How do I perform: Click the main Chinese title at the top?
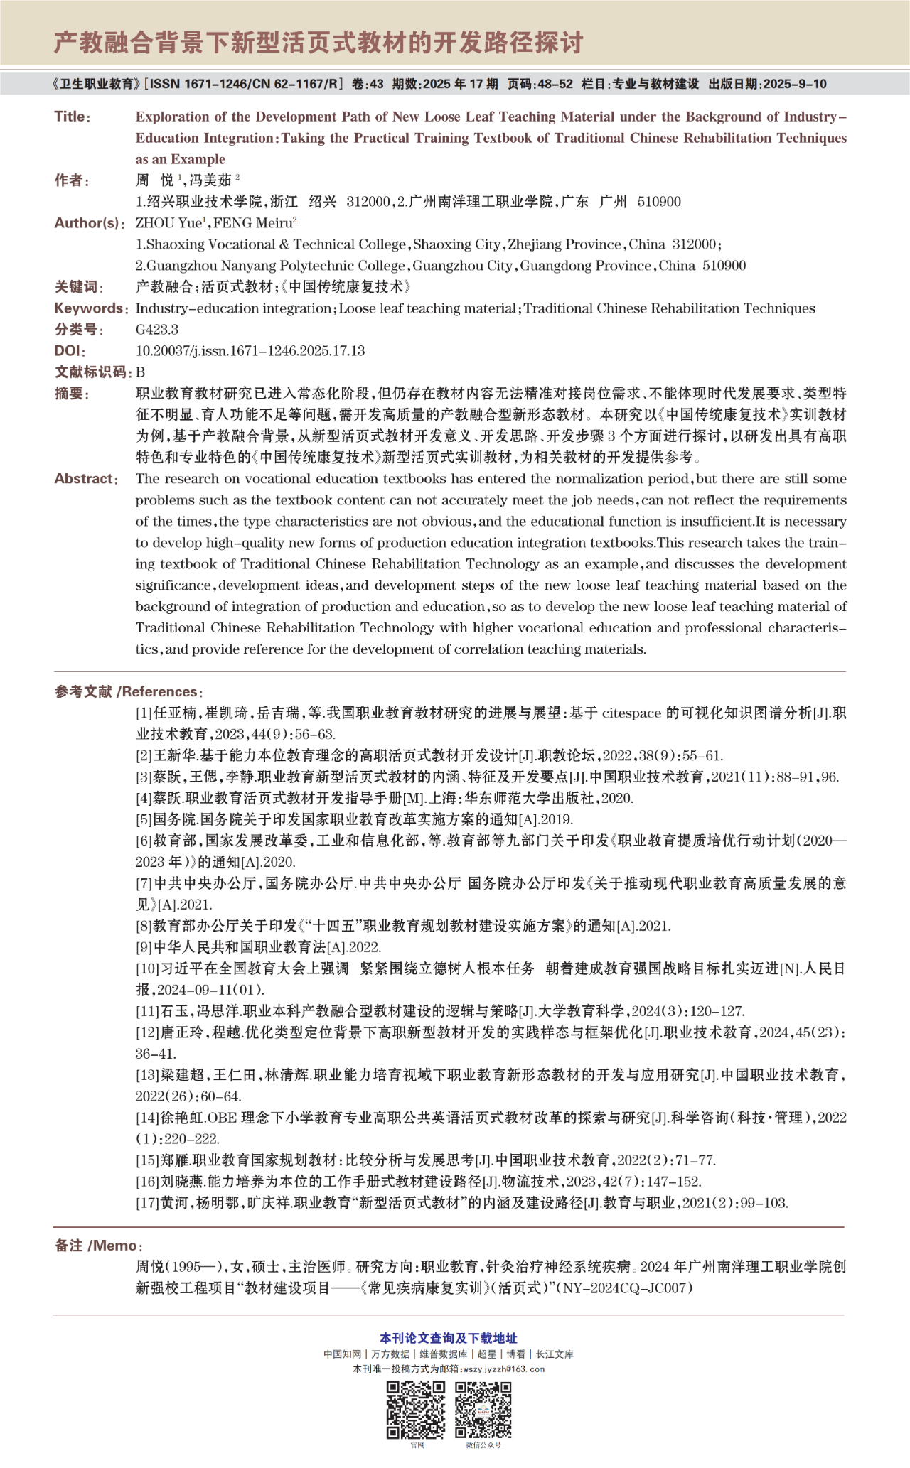(x=318, y=43)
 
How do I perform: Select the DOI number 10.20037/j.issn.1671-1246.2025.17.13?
(x=250, y=351)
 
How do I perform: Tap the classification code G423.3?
(x=157, y=330)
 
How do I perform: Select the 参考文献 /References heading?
(x=129, y=692)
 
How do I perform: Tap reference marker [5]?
(x=144, y=819)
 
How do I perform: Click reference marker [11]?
(x=147, y=1011)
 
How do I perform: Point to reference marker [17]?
(x=147, y=1203)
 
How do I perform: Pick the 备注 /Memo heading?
(x=98, y=1246)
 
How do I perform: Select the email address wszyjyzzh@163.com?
(x=503, y=1369)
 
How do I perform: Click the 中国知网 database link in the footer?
(x=342, y=1354)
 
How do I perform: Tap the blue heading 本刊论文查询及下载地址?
(x=449, y=1338)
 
